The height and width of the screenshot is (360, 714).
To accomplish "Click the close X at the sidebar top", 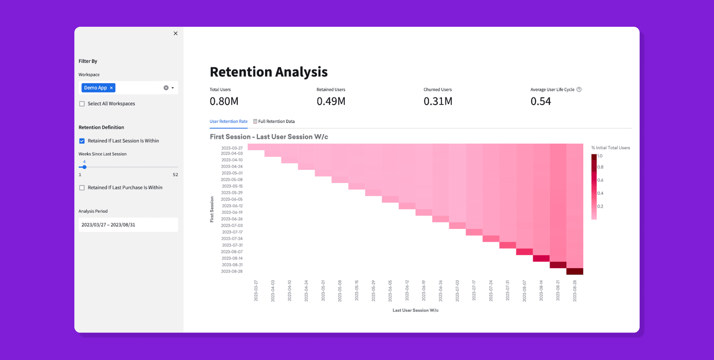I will coord(176,33).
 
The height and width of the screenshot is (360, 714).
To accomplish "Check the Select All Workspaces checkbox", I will coord(82,104).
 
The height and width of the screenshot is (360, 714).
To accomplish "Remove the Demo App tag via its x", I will coord(111,88).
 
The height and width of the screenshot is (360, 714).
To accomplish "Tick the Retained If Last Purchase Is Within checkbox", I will coord(82,188).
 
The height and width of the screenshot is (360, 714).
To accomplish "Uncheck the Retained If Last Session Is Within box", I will coord(82,141).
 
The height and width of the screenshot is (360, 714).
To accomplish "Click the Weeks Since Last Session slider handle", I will coord(84,167).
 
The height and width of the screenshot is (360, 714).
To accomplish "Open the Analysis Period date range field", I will coord(128,225).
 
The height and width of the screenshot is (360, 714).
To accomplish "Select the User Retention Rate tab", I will coord(228,121).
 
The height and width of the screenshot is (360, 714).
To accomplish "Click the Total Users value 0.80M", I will coord(224,101).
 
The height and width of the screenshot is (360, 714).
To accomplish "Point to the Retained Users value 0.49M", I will coord(331,101).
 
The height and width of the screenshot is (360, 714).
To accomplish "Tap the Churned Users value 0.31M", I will coord(438,101).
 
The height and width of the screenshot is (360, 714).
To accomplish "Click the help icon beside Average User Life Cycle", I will coord(579,90).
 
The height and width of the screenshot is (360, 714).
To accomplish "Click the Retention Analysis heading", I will coord(268,72).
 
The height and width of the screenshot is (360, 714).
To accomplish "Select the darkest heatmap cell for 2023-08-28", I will coord(575,271).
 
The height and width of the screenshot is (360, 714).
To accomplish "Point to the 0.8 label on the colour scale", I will coord(600,167).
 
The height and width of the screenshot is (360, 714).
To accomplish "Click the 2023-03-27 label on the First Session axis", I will coord(232,148).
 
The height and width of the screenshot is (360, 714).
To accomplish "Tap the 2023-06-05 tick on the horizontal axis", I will coord(390,291).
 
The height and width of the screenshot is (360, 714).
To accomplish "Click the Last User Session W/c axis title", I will coord(415,310).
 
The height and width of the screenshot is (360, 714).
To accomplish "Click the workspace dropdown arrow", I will coord(173,88).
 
